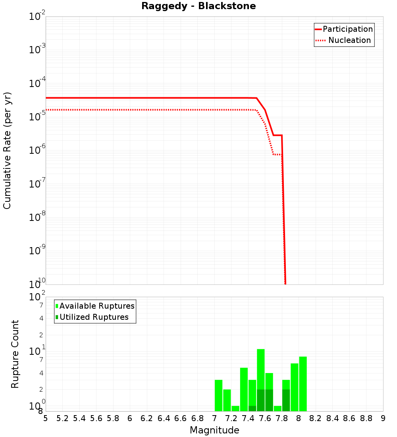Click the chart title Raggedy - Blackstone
[x=198, y=6]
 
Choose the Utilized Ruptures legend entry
[x=94, y=317]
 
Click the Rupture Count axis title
[x=15, y=354]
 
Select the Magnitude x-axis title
[x=214, y=430]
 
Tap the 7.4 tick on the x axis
[x=248, y=418]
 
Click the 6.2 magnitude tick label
[x=147, y=418]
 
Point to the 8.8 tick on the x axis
[x=366, y=418]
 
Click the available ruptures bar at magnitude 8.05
[x=303, y=384]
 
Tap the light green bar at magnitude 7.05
[x=218, y=395]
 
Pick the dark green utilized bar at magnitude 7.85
[x=286, y=400]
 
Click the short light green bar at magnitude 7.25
[x=235, y=408]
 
